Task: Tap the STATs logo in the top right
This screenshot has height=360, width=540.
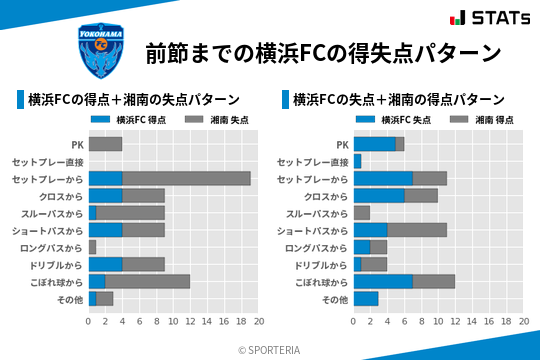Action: [x=490, y=18]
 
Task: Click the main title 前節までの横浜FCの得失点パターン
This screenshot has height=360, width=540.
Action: [x=322, y=52]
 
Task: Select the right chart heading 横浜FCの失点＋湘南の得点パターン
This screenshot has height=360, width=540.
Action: [x=398, y=100]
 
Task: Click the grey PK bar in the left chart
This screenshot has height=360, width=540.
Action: [x=105, y=144]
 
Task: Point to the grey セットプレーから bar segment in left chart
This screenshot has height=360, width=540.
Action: [x=186, y=178]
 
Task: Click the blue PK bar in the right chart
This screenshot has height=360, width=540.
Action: [x=374, y=144]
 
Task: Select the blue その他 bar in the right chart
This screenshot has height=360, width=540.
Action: [x=366, y=298]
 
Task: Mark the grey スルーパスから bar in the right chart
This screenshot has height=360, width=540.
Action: [x=361, y=213]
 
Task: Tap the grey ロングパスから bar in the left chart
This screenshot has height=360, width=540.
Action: [x=92, y=247]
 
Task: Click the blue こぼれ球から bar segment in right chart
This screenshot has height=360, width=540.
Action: [x=383, y=281]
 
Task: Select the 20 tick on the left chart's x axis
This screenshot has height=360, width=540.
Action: [x=259, y=322]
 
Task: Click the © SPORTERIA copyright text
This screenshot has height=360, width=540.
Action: [x=269, y=349]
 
